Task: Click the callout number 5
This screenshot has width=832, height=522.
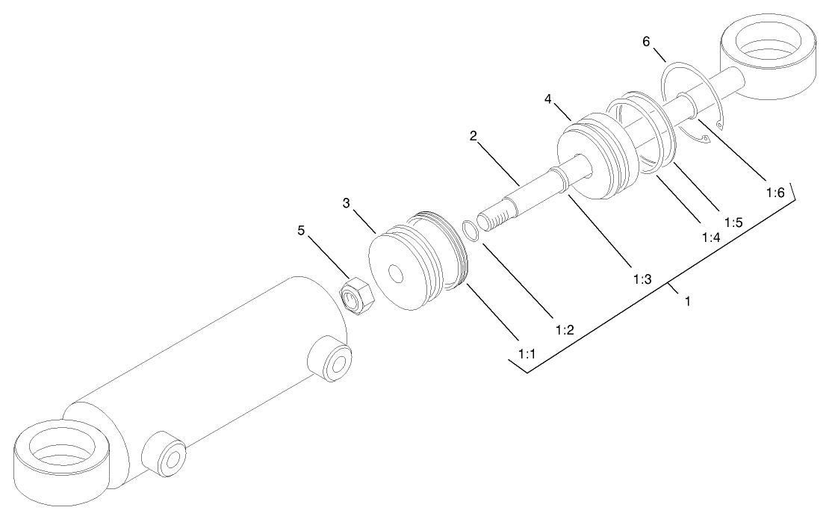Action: point(302,230)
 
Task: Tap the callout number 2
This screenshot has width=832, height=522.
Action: point(473,136)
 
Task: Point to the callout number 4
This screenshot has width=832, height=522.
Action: point(548,98)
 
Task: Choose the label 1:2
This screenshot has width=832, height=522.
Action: point(564,329)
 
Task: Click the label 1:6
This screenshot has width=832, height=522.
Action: point(774,192)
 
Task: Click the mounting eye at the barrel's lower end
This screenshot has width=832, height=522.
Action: point(61,457)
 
